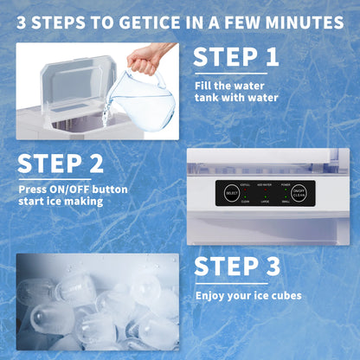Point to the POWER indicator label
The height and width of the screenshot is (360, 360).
pos(286,184)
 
